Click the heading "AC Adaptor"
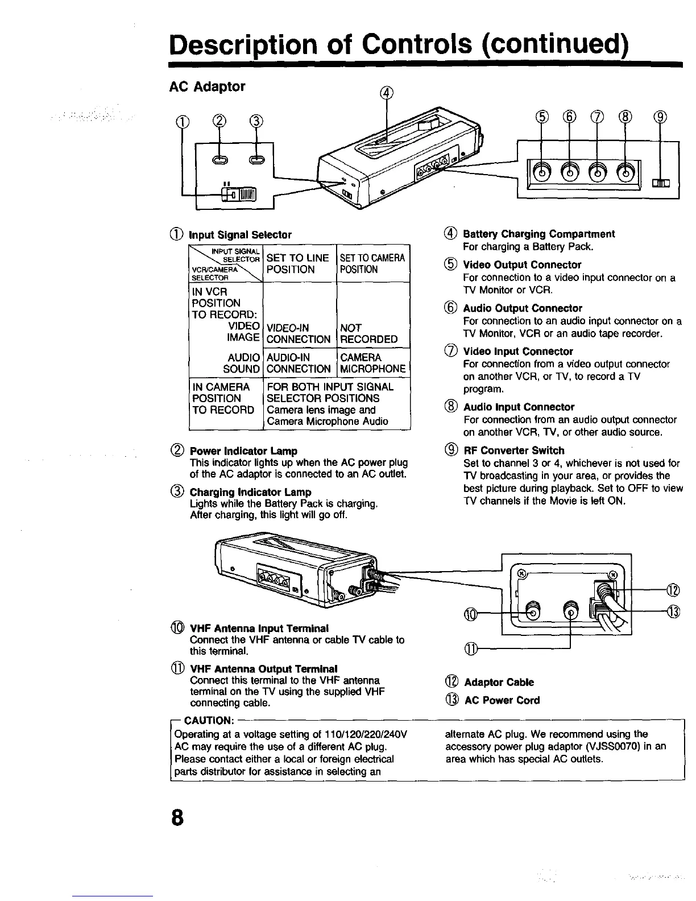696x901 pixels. point(208,86)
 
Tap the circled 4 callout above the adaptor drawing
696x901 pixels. point(387,92)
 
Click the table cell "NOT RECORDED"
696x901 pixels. point(368,334)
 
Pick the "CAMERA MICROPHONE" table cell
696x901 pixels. point(372,363)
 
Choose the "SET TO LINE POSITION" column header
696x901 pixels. point(297,263)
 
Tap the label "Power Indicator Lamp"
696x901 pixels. point(243,451)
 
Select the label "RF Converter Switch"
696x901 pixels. point(514,450)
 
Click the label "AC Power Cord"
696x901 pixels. point(502,700)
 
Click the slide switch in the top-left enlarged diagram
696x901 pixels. point(241,195)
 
